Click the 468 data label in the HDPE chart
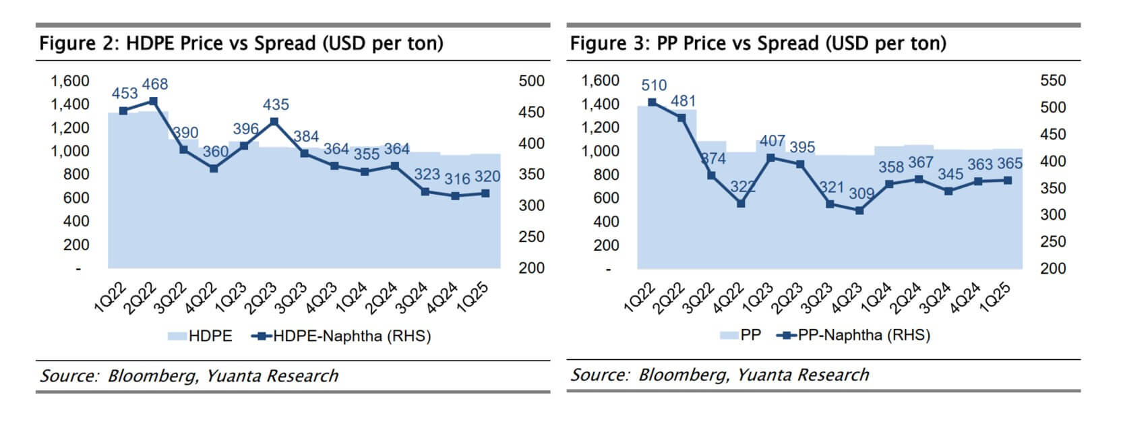[155, 84]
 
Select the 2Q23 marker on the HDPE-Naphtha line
[274, 121]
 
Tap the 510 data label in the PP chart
[654, 86]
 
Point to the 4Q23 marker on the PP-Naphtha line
[859, 210]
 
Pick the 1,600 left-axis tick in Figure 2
[70, 81]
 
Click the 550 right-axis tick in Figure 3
[1053, 81]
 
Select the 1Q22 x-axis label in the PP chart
[640, 297]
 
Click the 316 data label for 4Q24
[457, 179]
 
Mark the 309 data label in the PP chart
[861, 193]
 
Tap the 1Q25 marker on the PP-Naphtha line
[1008, 180]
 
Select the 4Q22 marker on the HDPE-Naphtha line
[214, 169]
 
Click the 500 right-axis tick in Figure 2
[531, 81]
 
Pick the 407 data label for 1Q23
[772, 141]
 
